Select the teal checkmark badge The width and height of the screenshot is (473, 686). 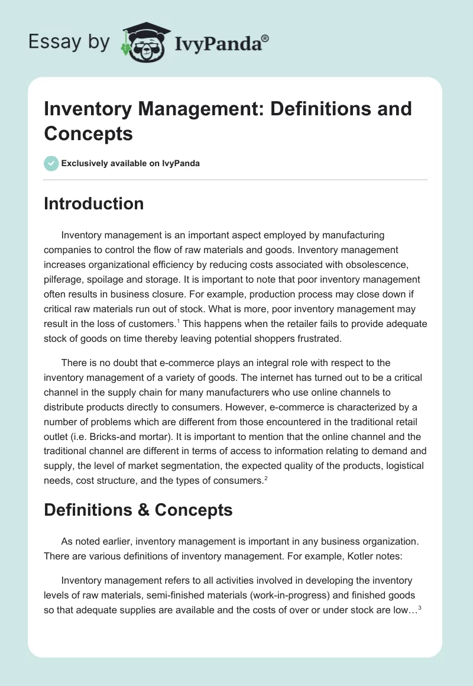[x=51, y=163]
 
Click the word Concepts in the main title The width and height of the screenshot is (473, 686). [x=88, y=133]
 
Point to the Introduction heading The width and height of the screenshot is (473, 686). [x=93, y=203]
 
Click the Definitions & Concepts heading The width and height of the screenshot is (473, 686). [x=138, y=510]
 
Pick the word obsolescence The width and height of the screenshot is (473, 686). [x=392, y=264]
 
